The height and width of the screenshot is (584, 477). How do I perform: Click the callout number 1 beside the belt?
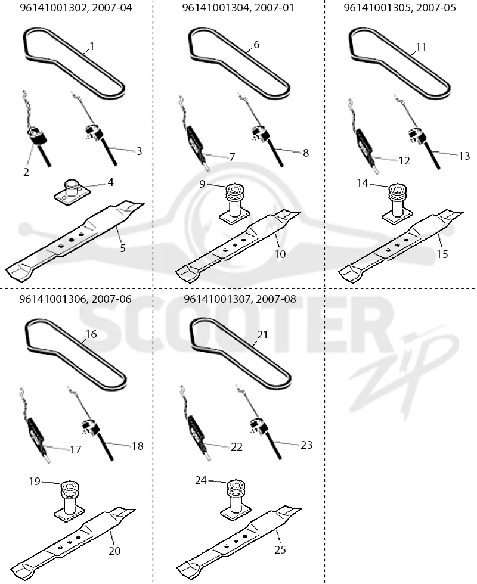pyautogui.click(x=92, y=46)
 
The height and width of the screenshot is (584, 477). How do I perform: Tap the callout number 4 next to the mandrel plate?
pyautogui.click(x=111, y=182)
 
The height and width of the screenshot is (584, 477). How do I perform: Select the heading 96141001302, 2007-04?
pyautogui.click(x=76, y=7)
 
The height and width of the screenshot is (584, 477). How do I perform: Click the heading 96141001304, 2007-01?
pyautogui.click(x=238, y=7)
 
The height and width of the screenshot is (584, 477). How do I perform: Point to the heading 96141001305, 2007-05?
pyautogui.click(x=399, y=7)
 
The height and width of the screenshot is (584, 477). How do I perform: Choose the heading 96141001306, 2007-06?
pyautogui.click(x=76, y=299)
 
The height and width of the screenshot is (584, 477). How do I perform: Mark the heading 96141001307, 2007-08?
pyautogui.click(x=240, y=299)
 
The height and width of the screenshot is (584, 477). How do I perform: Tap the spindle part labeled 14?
pyautogui.click(x=397, y=204)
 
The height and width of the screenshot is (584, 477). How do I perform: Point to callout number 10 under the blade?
pyautogui.click(x=280, y=254)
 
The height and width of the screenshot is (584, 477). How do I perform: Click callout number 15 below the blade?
pyautogui.click(x=442, y=254)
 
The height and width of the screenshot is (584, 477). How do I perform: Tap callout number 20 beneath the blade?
pyautogui.click(x=114, y=551)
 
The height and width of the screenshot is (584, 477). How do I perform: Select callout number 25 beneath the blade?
pyautogui.click(x=280, y=549)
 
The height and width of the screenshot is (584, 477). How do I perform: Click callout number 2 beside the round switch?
pyautogui.click(x=26, y=172)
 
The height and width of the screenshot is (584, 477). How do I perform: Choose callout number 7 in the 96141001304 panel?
pyautogui.click(x=232, y=157)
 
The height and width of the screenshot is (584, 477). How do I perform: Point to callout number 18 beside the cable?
pyautogui.click(x=138, y=446)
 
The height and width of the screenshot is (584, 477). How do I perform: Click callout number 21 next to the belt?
pyautogui.click(x=263, y=334)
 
